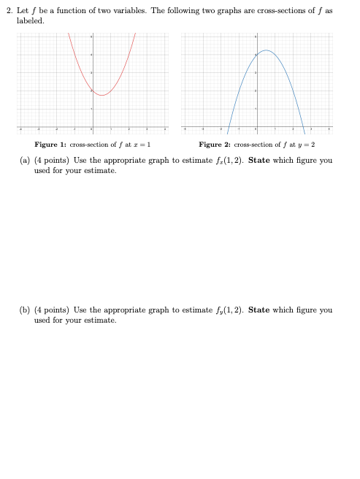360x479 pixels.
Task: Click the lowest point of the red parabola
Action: click(x=102, y=95)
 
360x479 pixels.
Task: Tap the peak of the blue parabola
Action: click(x=267, y=50)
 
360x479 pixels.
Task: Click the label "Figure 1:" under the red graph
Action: click(x=49, y=145)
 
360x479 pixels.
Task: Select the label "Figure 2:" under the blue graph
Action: click(x=212, y=145)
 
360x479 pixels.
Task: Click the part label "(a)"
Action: click(x=24, y=160)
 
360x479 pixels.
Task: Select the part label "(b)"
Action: click(x=24, y=310)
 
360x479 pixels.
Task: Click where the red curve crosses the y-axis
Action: click(x=91, y=91)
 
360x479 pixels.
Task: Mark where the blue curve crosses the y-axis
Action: click(x=256, y=55)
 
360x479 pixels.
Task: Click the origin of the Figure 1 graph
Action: click(x=91, y=126)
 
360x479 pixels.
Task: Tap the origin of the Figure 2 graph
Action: click(x=256, y=126)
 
